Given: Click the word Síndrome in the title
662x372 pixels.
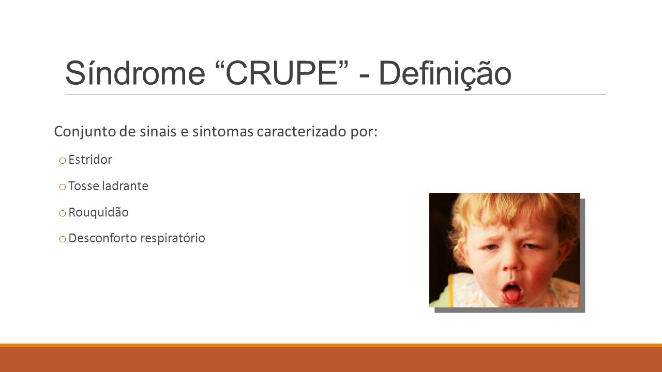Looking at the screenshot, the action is pos(135,73).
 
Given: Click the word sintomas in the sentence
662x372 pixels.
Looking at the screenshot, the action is pos(223,132).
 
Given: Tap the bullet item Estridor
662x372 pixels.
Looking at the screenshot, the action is pos(90,160).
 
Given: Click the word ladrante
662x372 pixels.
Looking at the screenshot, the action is pos(125,186).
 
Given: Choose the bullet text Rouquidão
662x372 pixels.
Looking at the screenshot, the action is pos(98,212).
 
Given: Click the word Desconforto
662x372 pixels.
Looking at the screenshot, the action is pos(102,238).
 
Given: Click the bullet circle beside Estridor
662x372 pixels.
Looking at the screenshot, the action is pos(63,161).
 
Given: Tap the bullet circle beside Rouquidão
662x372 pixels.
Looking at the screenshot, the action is pos(63,213).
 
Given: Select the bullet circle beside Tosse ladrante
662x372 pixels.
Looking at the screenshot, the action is pos(63,187).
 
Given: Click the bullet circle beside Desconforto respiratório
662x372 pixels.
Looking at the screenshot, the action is pos(63,239).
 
